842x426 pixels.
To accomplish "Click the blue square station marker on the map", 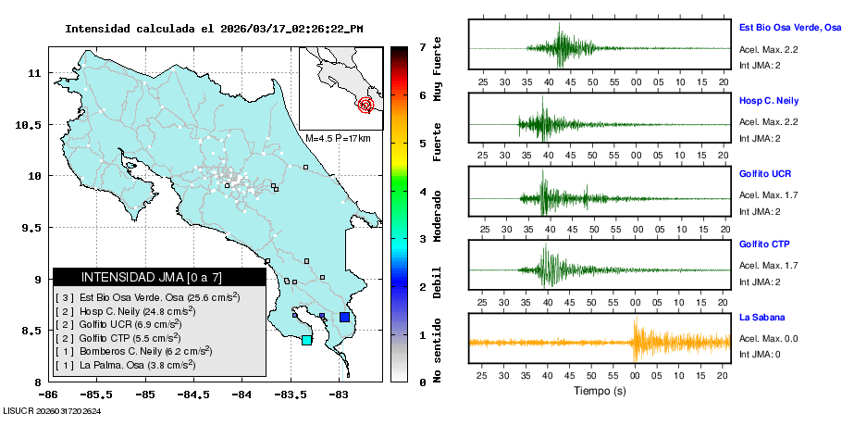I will pos(344,317).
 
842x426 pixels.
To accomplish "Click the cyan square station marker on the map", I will pos(306,340).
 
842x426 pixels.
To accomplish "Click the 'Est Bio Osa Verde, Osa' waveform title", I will pos(789,29).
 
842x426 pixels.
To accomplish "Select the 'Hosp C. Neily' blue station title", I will pos(768,100).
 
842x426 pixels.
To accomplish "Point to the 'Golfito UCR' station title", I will pos(765,174).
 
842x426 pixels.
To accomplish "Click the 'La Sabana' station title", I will pos(760,317).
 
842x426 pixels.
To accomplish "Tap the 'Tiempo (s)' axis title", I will pos(599,391).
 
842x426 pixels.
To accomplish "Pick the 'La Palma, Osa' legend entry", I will pos(125,365).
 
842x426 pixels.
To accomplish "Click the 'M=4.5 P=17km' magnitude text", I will pos(338,138).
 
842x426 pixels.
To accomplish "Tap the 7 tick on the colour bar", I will pos(423,46).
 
